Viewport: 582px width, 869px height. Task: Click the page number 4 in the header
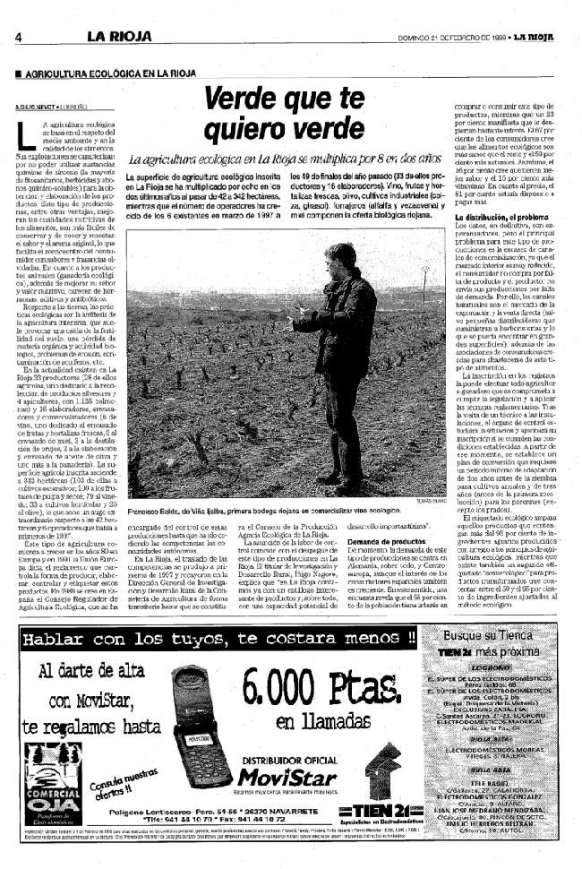pyautogui.click(x=18, y=37)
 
